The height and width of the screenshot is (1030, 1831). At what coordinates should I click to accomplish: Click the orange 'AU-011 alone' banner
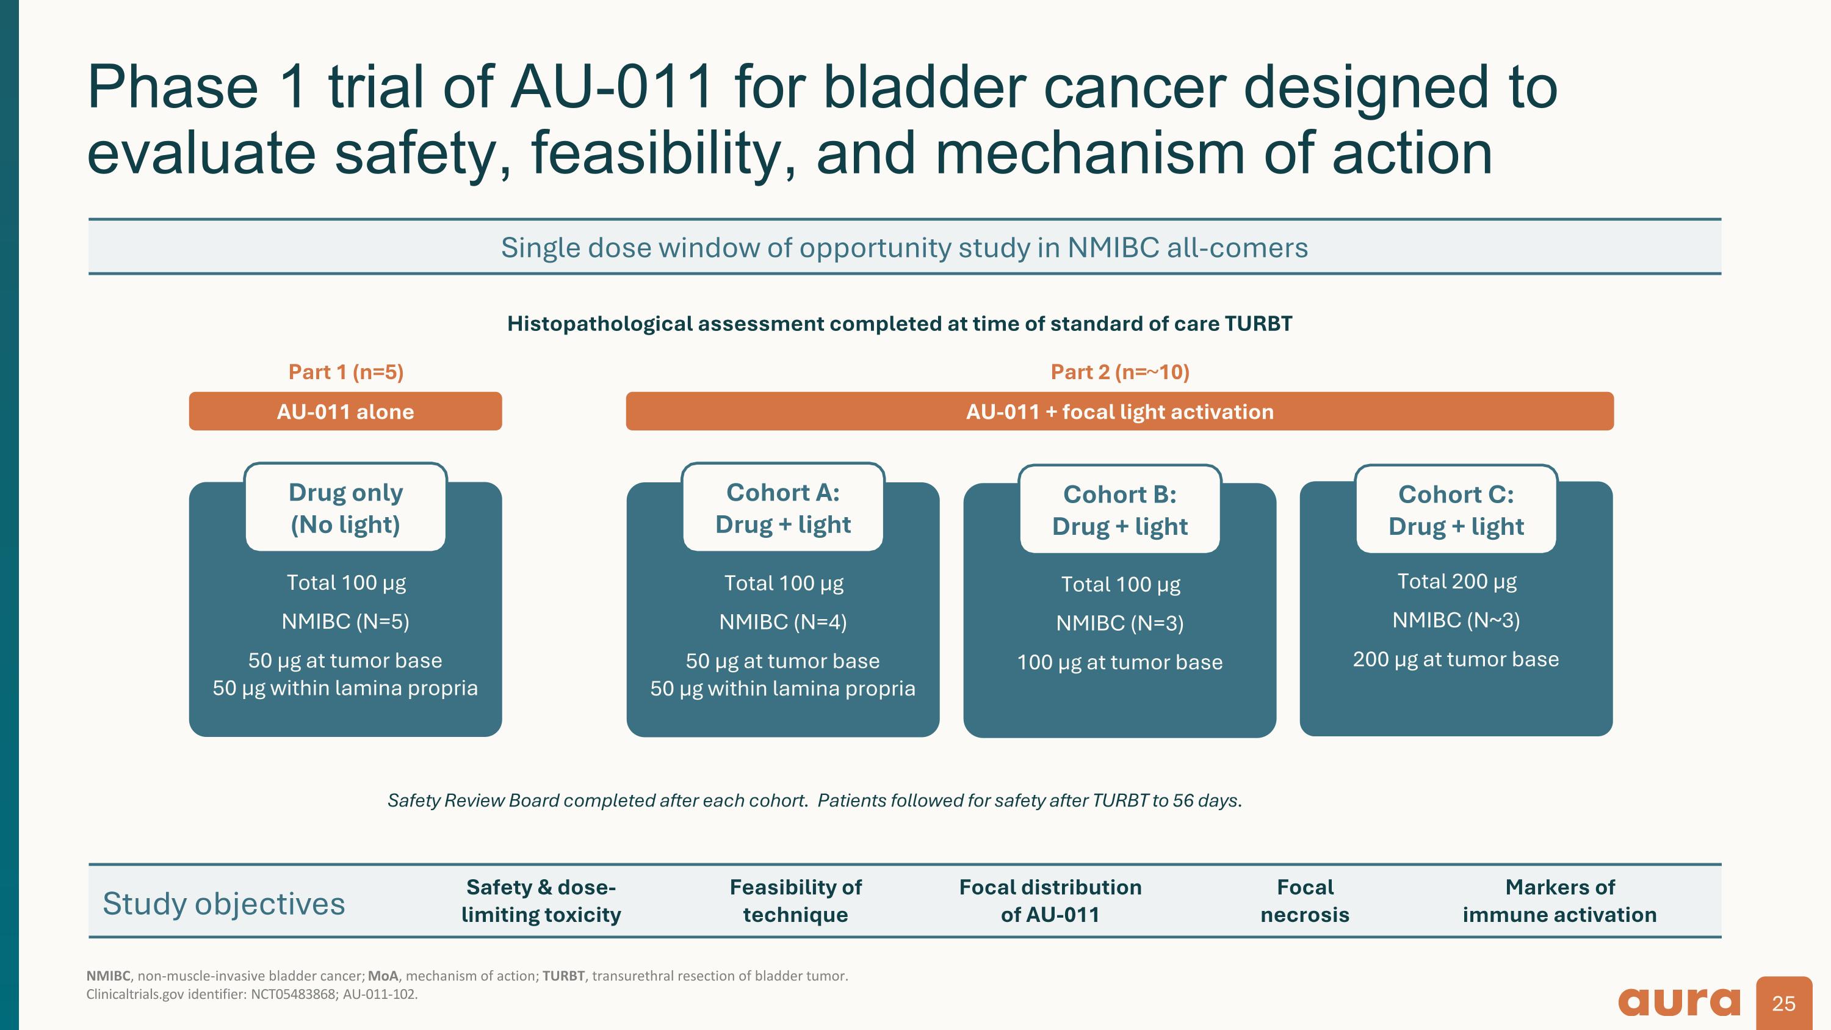point(345,412)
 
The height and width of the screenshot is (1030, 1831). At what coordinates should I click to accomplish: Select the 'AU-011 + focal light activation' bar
point(1119,412)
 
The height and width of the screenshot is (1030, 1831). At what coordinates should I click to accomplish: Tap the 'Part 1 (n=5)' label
point(345,372)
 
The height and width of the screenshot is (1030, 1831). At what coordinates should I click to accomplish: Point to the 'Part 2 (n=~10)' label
point(1119,372)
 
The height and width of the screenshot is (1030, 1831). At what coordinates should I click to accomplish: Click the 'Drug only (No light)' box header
point(345,507)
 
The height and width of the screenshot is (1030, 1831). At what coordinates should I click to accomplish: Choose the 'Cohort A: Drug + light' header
point(782,507)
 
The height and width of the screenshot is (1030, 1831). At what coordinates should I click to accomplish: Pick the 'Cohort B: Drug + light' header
point(1119,510)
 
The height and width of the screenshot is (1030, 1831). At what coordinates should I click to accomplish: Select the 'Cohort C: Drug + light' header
point(1456,510)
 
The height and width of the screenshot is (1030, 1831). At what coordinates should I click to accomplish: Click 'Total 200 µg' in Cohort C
point(1456,581)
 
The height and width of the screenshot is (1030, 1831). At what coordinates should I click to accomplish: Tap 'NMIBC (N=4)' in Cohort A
point(782,622)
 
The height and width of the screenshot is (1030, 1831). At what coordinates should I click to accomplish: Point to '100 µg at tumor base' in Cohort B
point(1119,662)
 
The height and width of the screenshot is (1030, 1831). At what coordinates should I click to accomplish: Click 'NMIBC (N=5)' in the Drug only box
point(345,622)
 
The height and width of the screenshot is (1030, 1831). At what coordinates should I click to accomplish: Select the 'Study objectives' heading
point(223,904)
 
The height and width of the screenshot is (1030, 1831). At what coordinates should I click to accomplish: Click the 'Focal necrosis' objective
point(1304,901)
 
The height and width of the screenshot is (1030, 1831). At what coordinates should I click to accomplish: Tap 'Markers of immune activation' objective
point(1559,901)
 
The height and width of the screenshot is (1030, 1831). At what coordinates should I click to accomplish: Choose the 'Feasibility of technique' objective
point(795,901)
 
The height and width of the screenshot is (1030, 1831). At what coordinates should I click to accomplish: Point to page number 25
point(1783,1003)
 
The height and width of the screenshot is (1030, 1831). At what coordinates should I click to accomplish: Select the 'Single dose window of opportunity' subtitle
point(904,247)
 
